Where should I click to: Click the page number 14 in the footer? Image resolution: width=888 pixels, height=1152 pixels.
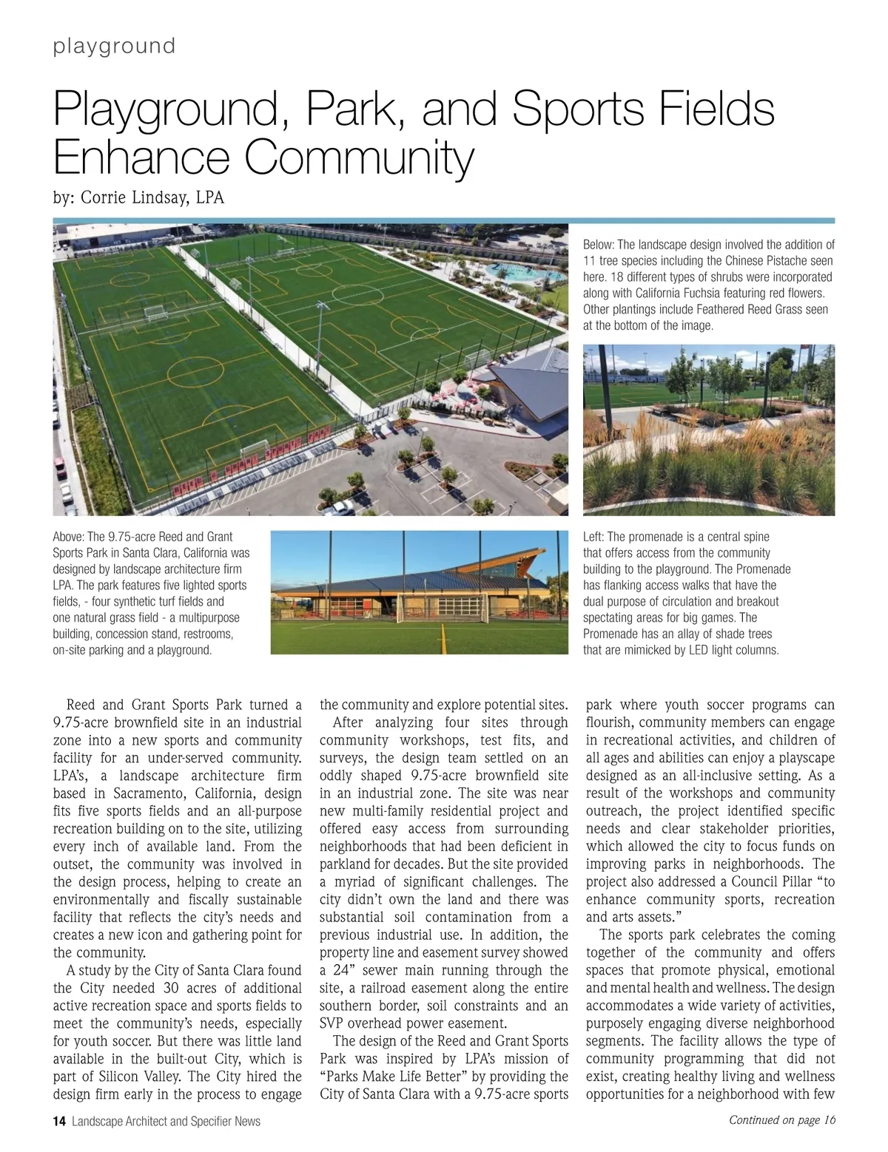[x=59, y=1121]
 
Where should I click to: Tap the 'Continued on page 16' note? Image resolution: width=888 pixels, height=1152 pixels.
[x=782, y=1119]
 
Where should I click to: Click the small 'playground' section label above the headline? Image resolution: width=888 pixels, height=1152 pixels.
[x=114, y=46]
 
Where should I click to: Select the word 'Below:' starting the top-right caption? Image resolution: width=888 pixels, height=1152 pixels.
[x=599, y=245]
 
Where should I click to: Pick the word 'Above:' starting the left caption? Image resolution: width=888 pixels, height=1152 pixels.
[x=68, y=537]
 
